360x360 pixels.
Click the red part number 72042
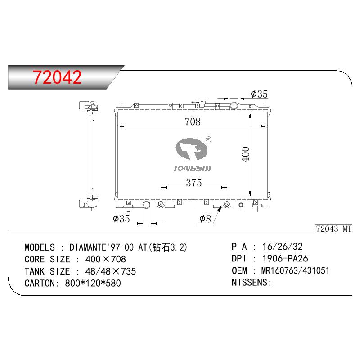(57, 77)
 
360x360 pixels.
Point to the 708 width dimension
(193, 121)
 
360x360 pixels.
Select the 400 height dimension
(245, 154)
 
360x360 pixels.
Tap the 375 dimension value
(194, 183)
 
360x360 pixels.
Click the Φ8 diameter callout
(205, 219)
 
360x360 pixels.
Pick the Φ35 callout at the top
(259, 94)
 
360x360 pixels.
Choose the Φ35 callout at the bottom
(121, 219)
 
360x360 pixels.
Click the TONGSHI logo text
(192, 168)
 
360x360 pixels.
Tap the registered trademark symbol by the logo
(208, 139)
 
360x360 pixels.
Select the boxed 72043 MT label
(333, 229)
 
